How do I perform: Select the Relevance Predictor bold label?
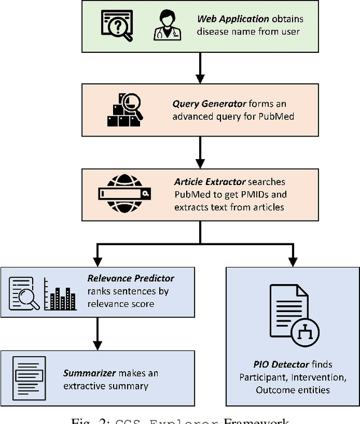[130, 278]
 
